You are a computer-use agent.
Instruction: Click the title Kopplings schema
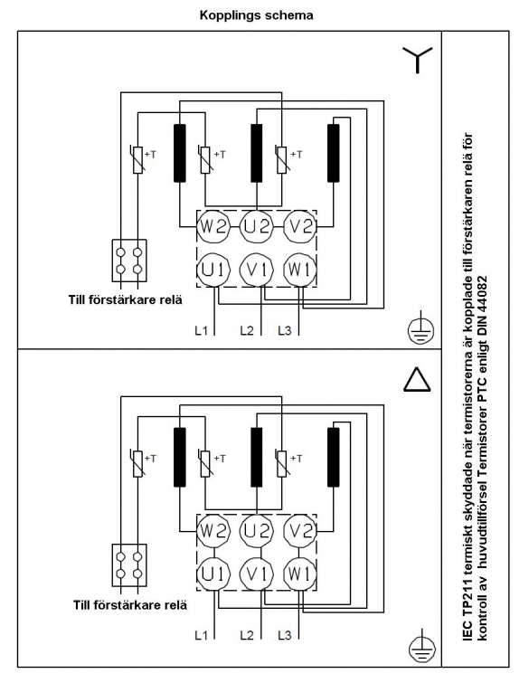(256, 15)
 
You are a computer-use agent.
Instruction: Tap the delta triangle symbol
(417, 379)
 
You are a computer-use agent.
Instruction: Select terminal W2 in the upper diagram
(213, 227)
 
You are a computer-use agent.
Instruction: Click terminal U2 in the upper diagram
(257, 227)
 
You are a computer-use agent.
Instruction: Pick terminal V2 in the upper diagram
(300, 227)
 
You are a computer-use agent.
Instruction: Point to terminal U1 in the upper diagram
(213, 270)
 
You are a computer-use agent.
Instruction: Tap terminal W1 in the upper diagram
(300, 270)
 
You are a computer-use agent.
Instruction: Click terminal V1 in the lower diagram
(257, 574)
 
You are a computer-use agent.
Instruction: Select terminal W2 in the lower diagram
(213, 531)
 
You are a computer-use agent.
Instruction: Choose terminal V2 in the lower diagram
(300, 531)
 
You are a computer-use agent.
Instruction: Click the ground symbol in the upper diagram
(421, 330)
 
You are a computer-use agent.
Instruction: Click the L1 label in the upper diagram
(201, 330)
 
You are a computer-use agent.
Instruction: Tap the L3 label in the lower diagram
(285, 635)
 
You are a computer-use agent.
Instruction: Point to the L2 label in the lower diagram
(247, 635)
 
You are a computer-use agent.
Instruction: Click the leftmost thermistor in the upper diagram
(137, 160)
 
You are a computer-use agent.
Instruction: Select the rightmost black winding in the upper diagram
(333, 153)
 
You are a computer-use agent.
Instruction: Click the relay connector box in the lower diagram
(129, 565)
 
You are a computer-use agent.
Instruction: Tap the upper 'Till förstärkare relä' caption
(126, 300)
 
